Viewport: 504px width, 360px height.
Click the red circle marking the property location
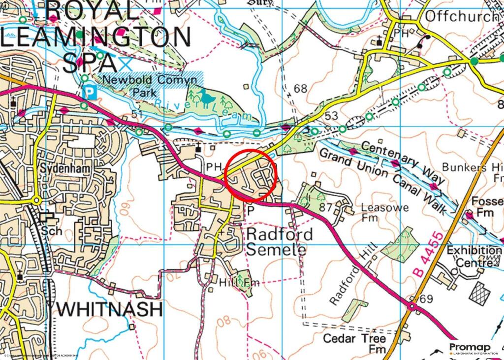[252, 175]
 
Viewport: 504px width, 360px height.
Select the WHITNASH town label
[111, 309]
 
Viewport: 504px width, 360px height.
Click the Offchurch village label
[461, 16]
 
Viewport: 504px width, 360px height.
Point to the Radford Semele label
[279, 241]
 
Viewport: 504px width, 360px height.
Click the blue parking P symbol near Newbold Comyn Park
[90, 92]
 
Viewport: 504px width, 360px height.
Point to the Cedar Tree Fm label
[354, 344]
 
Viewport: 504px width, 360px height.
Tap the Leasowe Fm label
[384, 213]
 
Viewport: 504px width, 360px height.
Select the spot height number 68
[300, 89]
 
